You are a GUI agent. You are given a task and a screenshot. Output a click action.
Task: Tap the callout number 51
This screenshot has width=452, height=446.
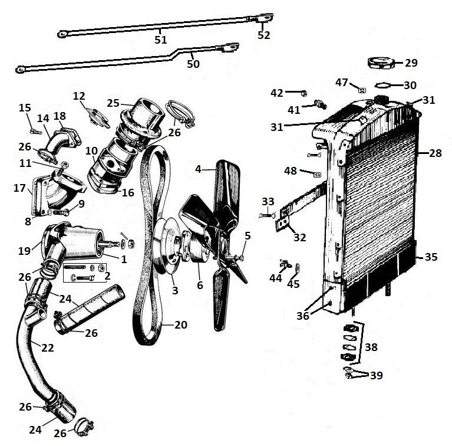160,40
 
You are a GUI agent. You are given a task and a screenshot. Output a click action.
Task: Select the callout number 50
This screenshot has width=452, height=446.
194,63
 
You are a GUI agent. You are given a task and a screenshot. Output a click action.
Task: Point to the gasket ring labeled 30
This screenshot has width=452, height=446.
384,84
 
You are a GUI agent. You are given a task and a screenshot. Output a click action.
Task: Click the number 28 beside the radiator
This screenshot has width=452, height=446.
435,153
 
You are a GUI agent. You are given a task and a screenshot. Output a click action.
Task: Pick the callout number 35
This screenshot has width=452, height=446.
431,257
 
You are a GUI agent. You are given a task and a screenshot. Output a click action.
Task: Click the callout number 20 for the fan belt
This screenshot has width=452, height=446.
180,324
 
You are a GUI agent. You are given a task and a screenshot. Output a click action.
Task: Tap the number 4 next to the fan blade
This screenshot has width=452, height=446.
199,170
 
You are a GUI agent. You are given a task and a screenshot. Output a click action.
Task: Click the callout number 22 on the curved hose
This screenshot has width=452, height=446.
47,347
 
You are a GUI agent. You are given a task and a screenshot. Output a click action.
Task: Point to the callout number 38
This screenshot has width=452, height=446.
371,347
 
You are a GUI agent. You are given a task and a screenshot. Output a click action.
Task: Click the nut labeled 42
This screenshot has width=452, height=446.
302,93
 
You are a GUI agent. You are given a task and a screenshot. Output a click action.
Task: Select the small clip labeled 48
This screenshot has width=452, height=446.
316,175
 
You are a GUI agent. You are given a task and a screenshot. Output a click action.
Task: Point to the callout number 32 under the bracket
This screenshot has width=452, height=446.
299,238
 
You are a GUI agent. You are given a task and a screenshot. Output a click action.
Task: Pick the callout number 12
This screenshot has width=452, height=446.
79,96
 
